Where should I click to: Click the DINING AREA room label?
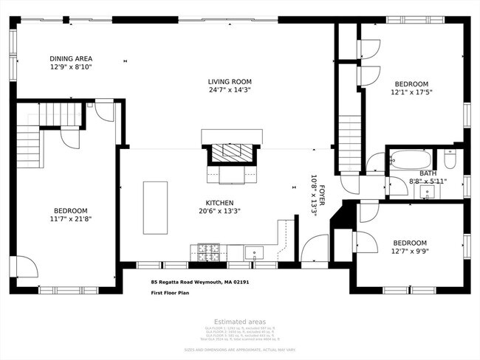(x=71, y=58)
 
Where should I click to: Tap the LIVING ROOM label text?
(x=230, y=81)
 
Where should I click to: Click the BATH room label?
(x=428, y=173)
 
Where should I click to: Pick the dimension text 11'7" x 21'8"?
(x=71, y=218)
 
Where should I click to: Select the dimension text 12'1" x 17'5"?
(x=411, y=92)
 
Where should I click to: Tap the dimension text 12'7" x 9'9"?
(x=410, y=252)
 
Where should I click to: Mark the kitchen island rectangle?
(x=155, y=208)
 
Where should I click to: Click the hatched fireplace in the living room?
(x=232, y=153)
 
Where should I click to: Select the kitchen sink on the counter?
(x=254, y=254)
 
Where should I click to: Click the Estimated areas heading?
(x=239, y=321)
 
